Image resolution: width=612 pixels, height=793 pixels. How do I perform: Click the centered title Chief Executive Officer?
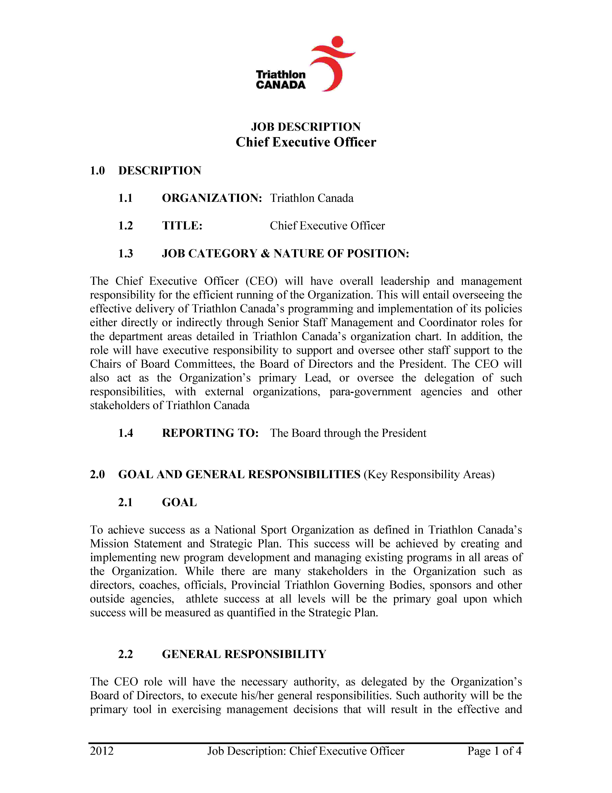306,142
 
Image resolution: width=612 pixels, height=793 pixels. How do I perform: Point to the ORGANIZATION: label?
212,198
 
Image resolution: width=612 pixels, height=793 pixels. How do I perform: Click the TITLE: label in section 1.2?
182,226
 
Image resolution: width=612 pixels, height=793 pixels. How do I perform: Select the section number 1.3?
125,253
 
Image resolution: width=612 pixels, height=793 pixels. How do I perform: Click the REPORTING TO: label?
210,433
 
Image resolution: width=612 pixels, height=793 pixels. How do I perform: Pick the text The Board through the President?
348,433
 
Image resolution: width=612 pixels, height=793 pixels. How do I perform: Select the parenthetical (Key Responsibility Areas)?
429,475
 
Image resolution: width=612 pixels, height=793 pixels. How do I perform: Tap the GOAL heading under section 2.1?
179,503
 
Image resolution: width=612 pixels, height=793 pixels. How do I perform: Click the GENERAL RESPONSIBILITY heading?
244,654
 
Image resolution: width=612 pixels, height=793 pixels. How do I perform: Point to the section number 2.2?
125,654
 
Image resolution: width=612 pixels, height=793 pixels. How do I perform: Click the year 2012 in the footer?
102,751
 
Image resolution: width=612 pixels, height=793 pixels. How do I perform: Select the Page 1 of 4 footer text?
494,751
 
